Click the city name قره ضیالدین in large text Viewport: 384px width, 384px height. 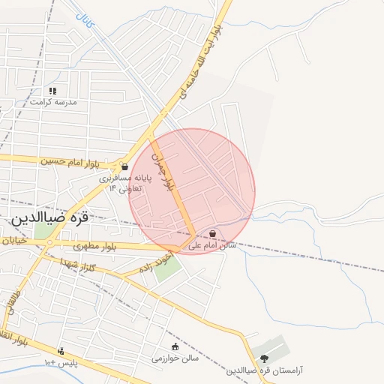click(x=49, y=217)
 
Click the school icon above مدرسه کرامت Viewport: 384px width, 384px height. click(x=52, y=91)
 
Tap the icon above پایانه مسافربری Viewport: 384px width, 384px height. click(x=124, y=166)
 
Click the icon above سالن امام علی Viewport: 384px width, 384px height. click(x=214, y=234)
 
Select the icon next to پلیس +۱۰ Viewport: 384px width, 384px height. click(x=61, y=351)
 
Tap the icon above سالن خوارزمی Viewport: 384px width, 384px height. click(x=175, y=346)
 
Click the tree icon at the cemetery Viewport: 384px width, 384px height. click(x=264, y=357)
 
